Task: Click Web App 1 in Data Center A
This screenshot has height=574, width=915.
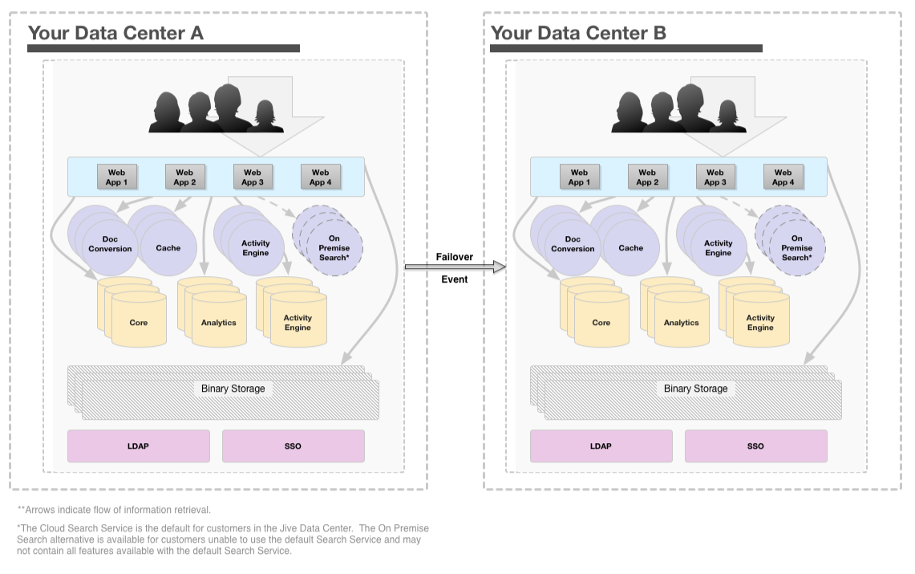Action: pos(117,177)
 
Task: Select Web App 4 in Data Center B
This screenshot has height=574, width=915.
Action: pos(783,177)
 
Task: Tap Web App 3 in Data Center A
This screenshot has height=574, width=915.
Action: pos(253,177)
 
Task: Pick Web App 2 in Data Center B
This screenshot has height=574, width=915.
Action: pos(647,177)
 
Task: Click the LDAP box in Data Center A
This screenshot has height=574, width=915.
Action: pos(138,446)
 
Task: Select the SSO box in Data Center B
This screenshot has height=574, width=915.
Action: pos(755,446)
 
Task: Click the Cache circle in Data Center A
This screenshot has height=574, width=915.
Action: pos(168,248)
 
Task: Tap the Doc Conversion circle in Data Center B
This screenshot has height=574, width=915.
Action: pos(573,244)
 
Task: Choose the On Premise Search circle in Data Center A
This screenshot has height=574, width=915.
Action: pos(334,248)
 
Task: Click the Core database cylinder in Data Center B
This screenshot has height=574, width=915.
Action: pos(601,323)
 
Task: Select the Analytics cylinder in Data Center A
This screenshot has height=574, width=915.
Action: pos(219,323)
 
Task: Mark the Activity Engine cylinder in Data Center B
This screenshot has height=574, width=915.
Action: pos(760,323)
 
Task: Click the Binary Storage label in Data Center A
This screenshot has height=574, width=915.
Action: pos(233,389)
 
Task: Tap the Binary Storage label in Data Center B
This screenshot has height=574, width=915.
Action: pos(695,389)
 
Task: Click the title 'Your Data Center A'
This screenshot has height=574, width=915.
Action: pos(115,33)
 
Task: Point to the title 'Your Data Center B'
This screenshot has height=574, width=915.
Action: pos(578,33)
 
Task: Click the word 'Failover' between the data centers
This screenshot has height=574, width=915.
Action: pos(455,257)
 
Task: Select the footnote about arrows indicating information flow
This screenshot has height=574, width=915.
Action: pos(114,510)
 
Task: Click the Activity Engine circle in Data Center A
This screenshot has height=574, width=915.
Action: pos(256,248)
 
